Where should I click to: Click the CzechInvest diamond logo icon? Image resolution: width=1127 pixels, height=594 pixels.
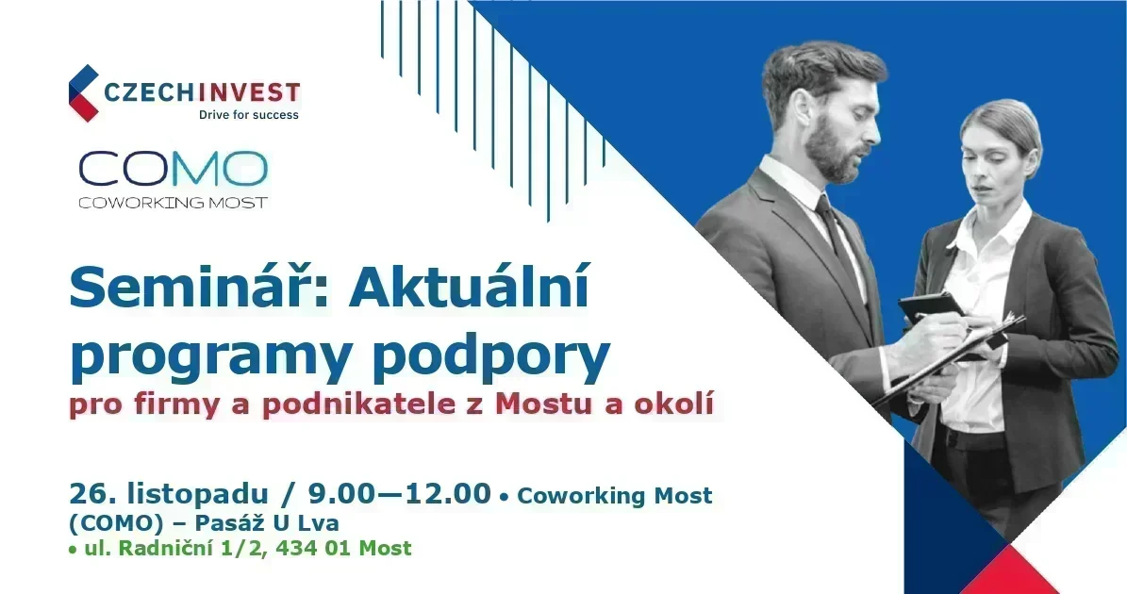click(83, 93)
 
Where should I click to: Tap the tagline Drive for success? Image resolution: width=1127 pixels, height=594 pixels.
click(248, 115)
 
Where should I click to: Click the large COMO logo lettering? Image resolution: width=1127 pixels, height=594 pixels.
click(173, 169)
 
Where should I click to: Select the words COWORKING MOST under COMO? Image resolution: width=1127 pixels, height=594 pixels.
click(173, 203)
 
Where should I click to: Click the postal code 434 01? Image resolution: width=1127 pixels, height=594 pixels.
click(335, 548)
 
